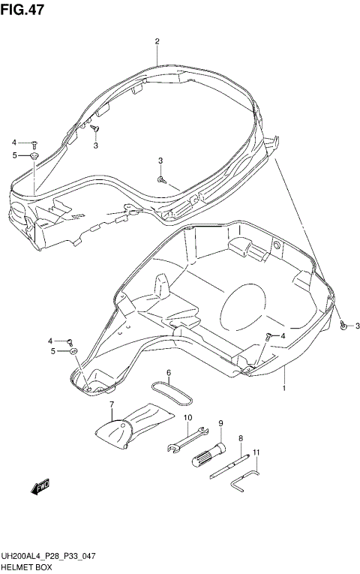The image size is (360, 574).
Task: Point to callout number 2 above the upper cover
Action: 157,41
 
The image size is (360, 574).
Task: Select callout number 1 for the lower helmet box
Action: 284,389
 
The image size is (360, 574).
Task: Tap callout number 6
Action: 169,373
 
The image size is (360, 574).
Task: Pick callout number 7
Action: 112,405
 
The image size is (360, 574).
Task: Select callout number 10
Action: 187,418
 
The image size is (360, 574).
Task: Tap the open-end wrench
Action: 186,440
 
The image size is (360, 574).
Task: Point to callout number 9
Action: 221,423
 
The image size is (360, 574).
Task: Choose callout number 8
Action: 241,438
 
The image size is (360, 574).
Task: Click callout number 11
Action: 256,452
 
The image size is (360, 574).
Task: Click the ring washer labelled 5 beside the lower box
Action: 73,351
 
